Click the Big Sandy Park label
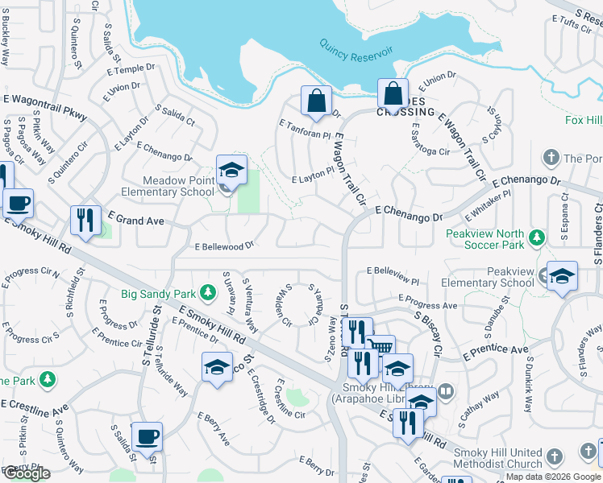[x=158, y=293]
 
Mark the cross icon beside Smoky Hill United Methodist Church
[x=554, y=457]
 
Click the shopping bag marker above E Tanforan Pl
[x=316, y=102]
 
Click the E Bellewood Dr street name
[x=224, y=245]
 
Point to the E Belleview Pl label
[x=393, y=274]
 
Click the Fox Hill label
[x=584, y=121]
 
